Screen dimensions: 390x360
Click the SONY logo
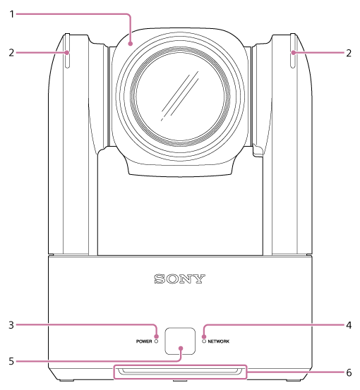179,279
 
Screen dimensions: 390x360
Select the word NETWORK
220,341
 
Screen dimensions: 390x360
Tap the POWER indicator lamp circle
157,341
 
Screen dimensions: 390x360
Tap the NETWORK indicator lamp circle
203,341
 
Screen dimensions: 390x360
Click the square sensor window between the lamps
180,341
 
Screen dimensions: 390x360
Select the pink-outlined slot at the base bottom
180,372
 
